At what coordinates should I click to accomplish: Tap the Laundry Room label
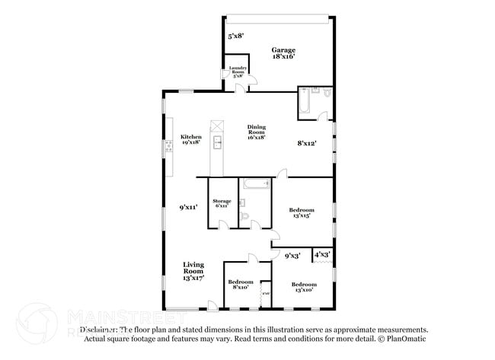click(x=238, y=73)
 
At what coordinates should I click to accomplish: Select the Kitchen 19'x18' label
click(x=191, y=140)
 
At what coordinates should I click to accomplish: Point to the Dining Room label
click(x=256, y=132)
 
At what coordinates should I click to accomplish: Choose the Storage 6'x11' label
click(x=222, y=203)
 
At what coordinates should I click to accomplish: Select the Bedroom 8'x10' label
click(x=241, y=285)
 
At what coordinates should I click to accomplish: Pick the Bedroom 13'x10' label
click(x=304, y=287)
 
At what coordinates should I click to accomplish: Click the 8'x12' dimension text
click(x=306, y=142)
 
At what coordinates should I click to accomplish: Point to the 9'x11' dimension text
click(x=188, y=206)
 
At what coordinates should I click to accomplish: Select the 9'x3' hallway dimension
click(x=292, y=256)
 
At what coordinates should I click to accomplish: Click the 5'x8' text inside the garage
click(x=236, y=36)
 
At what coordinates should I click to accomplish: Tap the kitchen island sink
click(x=217, y=142)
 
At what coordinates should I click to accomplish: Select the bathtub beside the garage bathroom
click(x=304, y=103)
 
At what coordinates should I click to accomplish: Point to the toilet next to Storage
click(x=244, y=217)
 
